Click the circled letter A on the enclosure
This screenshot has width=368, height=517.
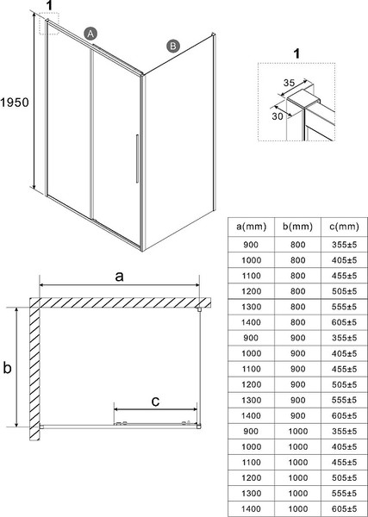(x=90, y=33)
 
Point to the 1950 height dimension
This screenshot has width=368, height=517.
(x=16, y=102)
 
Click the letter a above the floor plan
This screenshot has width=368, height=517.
(x=120, y=277)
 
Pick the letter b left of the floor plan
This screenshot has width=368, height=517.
(x=8, y=368)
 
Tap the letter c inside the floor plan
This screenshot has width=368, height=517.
(x=154, y=401)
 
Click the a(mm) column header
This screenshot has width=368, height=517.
(x=251, y=226)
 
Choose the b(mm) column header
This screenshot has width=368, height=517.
(x=296, y=226)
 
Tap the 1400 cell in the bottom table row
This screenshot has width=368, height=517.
(x=251, y=508)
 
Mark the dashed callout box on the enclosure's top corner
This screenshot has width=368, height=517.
(x=49, y=25)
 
